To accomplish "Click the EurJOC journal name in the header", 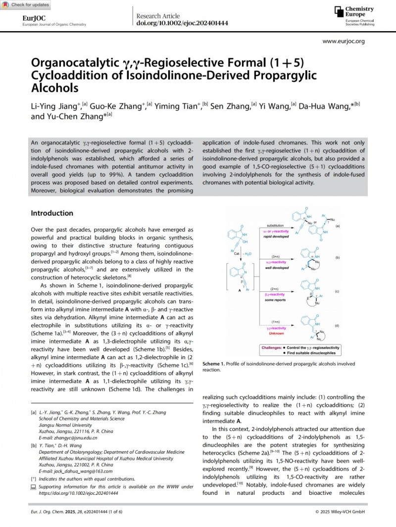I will tap(31, 18).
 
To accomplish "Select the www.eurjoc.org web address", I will tap(344, 42).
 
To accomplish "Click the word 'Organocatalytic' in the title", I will tap(70, 63).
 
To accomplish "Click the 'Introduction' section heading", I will tap(52, 213).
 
